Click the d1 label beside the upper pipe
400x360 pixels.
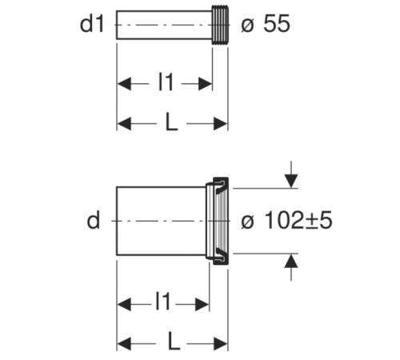(92, 24)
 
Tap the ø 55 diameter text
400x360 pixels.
(266, 24)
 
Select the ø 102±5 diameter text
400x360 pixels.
(286, 221)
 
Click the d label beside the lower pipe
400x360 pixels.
(94, 220)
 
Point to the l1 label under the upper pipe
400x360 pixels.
(166, 82)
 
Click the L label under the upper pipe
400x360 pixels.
(171, 122)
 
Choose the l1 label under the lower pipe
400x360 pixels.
(162, 302)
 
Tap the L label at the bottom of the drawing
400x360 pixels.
(174, 342)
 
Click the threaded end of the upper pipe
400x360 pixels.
(220, 25)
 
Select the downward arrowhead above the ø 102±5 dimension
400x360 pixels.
(291, 181)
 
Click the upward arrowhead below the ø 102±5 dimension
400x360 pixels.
(291, 261)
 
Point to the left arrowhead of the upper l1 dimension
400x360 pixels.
(124, 84)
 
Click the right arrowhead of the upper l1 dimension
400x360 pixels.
(205, 84)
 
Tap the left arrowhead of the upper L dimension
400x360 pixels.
(124, 124)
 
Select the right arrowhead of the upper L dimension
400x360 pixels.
(220, 124)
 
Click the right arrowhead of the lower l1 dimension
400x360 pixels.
(202, 304)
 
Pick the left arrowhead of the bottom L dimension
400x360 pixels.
(124, 343)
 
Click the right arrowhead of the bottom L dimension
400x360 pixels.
(220, 343)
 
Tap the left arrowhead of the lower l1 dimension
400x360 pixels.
(124, 304)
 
